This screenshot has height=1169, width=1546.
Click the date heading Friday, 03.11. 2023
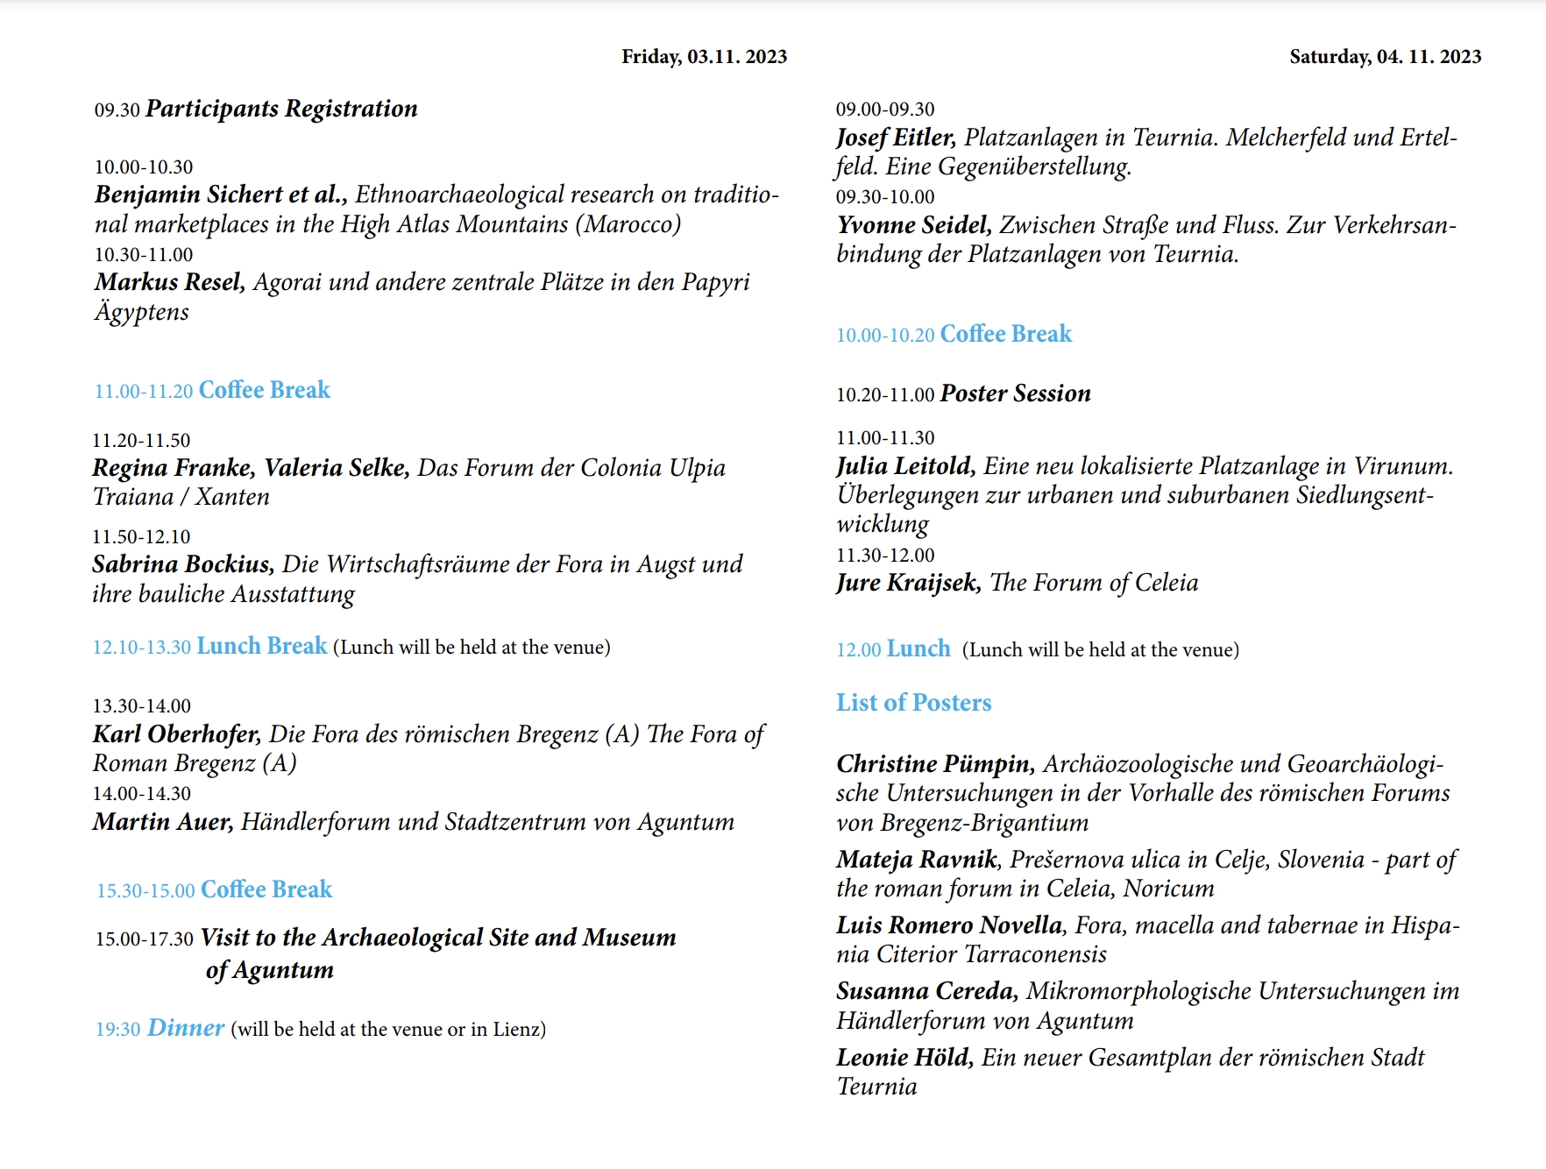pyautogui.click(x=704, y=57)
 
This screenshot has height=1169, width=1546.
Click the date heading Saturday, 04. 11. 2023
pyautogui.click(x=1385, y=57)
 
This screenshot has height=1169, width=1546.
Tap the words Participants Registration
pyautogui.click(x=281, y=109)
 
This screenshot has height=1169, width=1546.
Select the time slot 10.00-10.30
pyautogui.click(x=144, y=167)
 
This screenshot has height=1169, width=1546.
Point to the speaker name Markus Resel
pyautogui.click(x=169, y=282)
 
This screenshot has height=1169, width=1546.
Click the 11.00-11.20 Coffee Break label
pyautogui.click(x=212, y=390)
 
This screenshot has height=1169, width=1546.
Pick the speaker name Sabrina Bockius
pyautogui.click(x=182, y=564)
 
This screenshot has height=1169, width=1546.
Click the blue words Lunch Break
pyautogui.click(x=261, y=647)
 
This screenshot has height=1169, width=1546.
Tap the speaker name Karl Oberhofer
pyautogui.click(x=176, y=734)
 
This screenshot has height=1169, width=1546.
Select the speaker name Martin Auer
pyautogui.click(x=162, y=822)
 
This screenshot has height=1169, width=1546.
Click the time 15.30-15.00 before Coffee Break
pyautogui.click(x=145, y=891)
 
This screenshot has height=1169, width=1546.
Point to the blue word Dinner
pyautogui.click(x=186, y=1028)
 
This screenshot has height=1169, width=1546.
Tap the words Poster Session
pyautogui.click(x=1015, y=393)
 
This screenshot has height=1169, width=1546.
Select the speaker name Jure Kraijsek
pyautogui.click(x=908, y=583)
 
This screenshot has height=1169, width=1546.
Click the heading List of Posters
pyautogui.click(x=913, y=703)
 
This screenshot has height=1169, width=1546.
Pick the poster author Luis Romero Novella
pyautogui.click(x=949, y=925)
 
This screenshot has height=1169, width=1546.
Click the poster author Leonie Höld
pyautogui.click(x=904, y=1058)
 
